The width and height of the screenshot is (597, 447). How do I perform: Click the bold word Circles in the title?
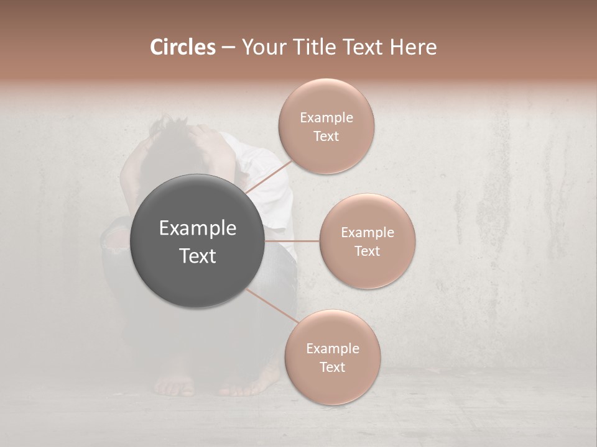pyautogui.click(x=182, y=47)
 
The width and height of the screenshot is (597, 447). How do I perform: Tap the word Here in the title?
pyautogui.click(x=414, y=47)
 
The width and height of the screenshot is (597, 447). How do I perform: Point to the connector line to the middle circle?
pyautogui.click(x=292, y=241)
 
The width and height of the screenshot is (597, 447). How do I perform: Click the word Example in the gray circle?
pyautogui.click(x=198, y=228)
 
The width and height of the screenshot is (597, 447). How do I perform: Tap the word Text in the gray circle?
pyautogui.click(x=198, y=256)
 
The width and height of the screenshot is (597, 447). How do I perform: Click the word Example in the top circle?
pyautogui.click(x=326, y=118)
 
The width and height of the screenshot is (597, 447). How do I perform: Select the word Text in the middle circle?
pyautogui.click(x=368, y=251)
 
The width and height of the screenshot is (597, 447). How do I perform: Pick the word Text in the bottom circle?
pyautogui.click(x=332, y=367)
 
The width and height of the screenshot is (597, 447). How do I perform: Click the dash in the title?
pyautogui.click(x=228, y=47)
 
